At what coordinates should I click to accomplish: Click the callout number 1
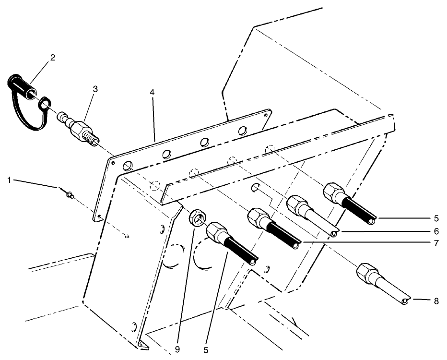[9, 180]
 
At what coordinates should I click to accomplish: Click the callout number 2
[52, 58]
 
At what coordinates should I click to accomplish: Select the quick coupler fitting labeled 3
[79, 130]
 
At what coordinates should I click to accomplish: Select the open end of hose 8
[406, 301]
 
